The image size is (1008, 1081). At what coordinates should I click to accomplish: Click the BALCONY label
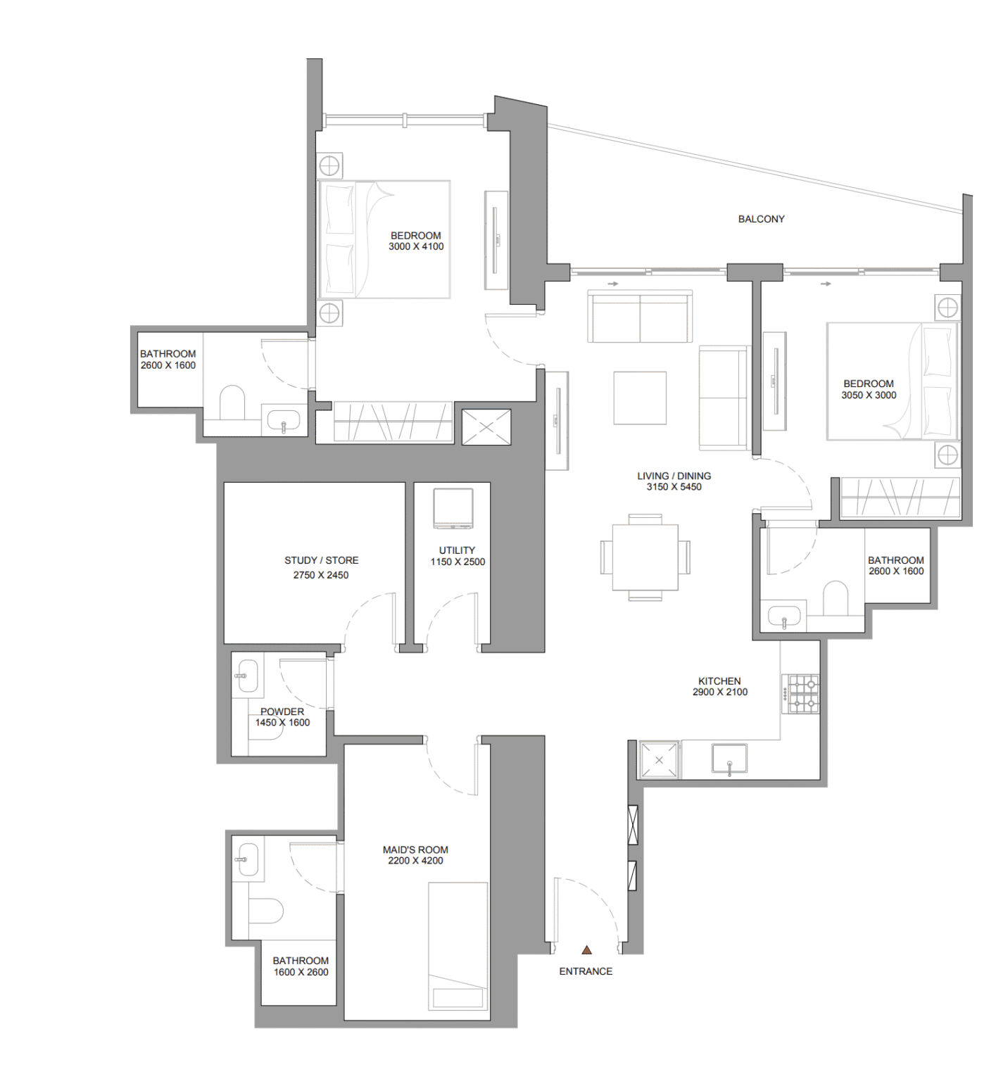click(761, 219)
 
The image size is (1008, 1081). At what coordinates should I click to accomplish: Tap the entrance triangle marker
click(586, 949)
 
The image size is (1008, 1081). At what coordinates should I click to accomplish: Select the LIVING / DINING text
click(674, 476)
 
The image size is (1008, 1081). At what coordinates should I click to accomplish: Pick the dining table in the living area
click(645, 557)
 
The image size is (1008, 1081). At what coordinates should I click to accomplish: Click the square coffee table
click(640, 398)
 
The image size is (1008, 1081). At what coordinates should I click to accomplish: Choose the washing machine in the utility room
click(453, 508)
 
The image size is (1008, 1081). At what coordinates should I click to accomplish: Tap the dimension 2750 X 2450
click(321, 575)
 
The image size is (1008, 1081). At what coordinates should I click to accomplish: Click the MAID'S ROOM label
click(415, 849)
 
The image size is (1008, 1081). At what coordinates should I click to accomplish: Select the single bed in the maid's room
click(458, 946)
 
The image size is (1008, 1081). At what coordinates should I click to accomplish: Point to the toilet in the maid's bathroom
click(265, 911)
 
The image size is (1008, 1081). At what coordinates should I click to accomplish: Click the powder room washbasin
click(246, 676)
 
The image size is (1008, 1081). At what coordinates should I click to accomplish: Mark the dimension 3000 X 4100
click(416, 246)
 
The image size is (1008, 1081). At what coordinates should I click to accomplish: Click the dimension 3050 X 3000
click(869, 395)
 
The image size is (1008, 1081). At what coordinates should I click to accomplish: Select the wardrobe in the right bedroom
click(900, 498)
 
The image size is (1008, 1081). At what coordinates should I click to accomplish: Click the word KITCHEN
click(719, 681)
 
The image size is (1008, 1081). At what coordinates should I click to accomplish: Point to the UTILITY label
click(457, 550)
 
